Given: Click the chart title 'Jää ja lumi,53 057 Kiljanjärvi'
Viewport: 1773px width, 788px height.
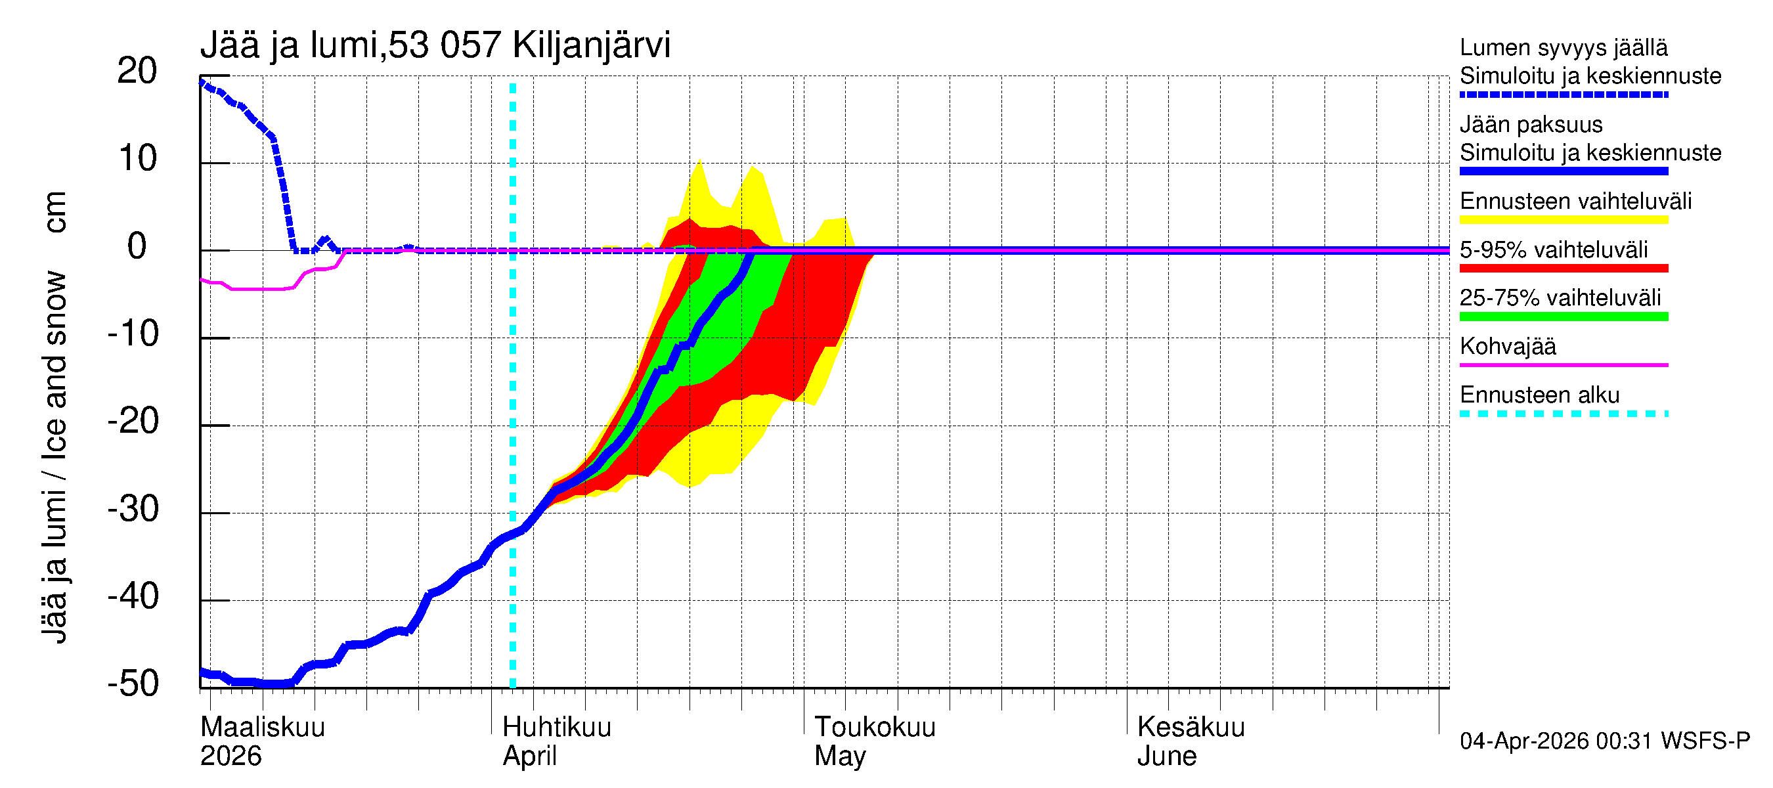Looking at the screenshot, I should click(x=435, y=45).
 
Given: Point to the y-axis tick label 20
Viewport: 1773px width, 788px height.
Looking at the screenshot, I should click(x=137, y=71).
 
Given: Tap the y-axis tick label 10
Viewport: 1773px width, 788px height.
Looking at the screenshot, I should click(x=138, y=158).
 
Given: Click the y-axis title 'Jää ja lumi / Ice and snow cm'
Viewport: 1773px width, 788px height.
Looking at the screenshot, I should click(x=55, y=417).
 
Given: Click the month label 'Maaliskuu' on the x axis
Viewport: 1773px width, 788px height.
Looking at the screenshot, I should click(x=262, y=728).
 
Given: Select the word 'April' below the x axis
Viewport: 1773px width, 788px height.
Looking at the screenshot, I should click(x=529, y=756).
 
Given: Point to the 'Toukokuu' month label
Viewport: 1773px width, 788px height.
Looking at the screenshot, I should click(x=875, y=728).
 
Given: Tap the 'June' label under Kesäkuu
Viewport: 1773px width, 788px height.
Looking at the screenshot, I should click(x=1167, y=756).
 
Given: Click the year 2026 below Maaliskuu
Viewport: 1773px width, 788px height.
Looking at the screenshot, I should click(x=230, y=756).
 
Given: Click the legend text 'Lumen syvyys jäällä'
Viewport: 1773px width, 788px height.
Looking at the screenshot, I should click(x=1564, y=47).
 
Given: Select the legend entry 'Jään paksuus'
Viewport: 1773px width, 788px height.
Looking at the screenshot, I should click(x=1531, y=125).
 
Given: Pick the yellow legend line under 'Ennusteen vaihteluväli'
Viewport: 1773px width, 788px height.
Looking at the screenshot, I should click(x=1564, y=220).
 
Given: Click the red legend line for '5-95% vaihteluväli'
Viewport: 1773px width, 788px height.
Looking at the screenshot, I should click(x=1564, y=269).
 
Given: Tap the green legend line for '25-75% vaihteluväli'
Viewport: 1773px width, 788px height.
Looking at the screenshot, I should click(x=1564, y=317).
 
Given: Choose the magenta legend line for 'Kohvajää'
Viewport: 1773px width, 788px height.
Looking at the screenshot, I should click(x=1564, y=364).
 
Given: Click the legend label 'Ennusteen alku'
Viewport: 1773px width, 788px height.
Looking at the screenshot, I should click(x=1540, y=395).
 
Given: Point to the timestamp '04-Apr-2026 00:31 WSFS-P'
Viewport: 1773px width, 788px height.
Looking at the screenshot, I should click(x=1604, y=741).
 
